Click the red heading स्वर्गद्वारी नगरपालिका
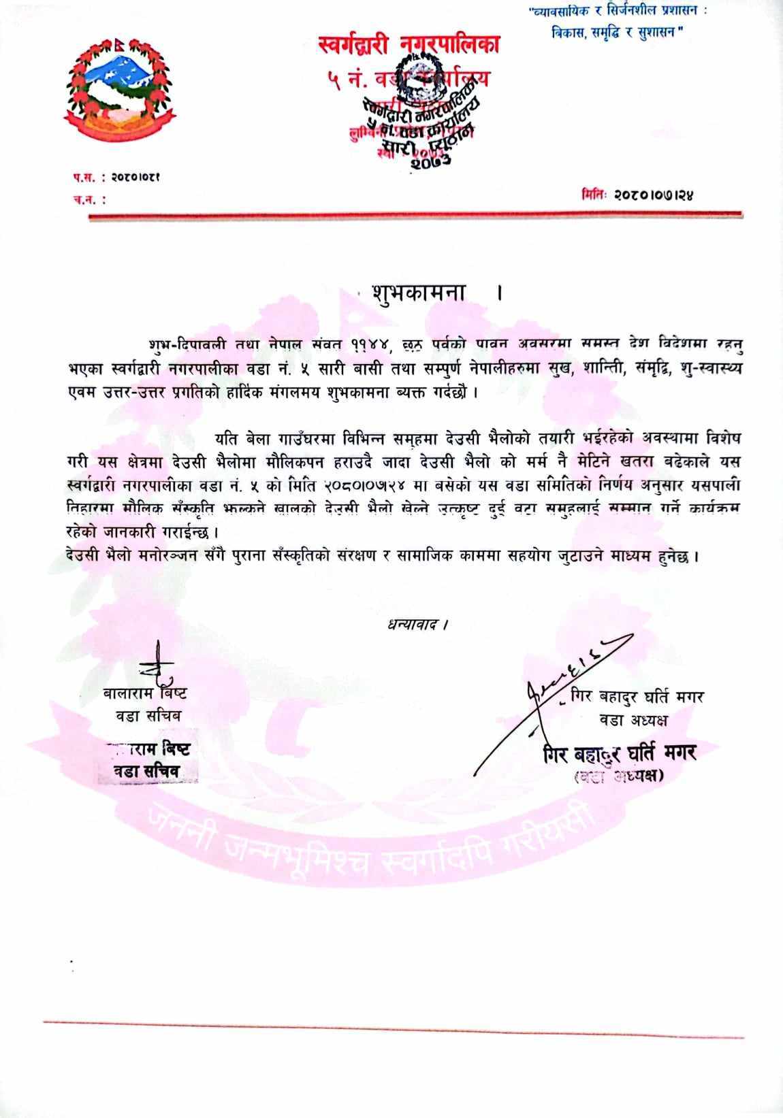tap(409, 46)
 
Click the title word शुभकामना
tap(418, 293)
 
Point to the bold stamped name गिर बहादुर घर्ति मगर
tap(620, 753)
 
